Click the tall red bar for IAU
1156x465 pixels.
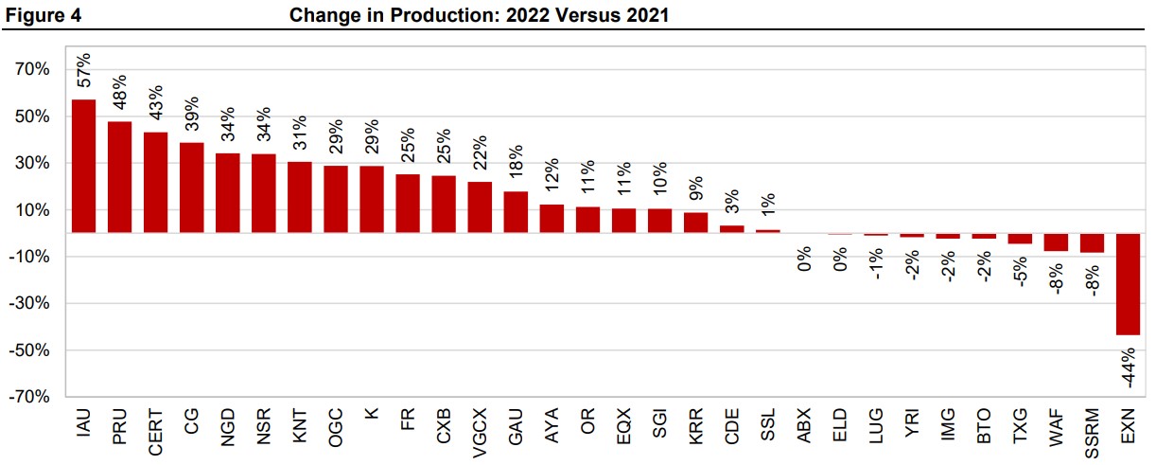[x=83, y=166]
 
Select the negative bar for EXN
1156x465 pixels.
[x=1128, y=284]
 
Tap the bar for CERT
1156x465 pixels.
[x=155, y=183]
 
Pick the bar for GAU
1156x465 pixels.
[x=516, y=212]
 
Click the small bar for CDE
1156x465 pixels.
[x=732, y=229]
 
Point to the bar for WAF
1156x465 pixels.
[x=1056, y=242]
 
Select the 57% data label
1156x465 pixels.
[x=83, y=70]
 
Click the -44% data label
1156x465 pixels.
[x=1129, y=367]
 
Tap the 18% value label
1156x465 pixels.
[x=517, y=162]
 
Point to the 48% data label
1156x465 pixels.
[x=120, y=93]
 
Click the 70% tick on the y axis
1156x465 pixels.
[x=32, y=69]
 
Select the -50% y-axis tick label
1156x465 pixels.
[x=29, y=350]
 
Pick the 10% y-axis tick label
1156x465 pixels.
[x=32, y=209]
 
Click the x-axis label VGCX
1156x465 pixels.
[x=480, y=433]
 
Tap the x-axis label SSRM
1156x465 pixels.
[x=1092, y=433]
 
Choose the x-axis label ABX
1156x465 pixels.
[x=804, y=426]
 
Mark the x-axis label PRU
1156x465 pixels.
[x=120, y=426]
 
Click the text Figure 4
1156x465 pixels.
[x=44, y=15]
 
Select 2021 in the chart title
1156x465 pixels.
[x=648, y=15]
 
